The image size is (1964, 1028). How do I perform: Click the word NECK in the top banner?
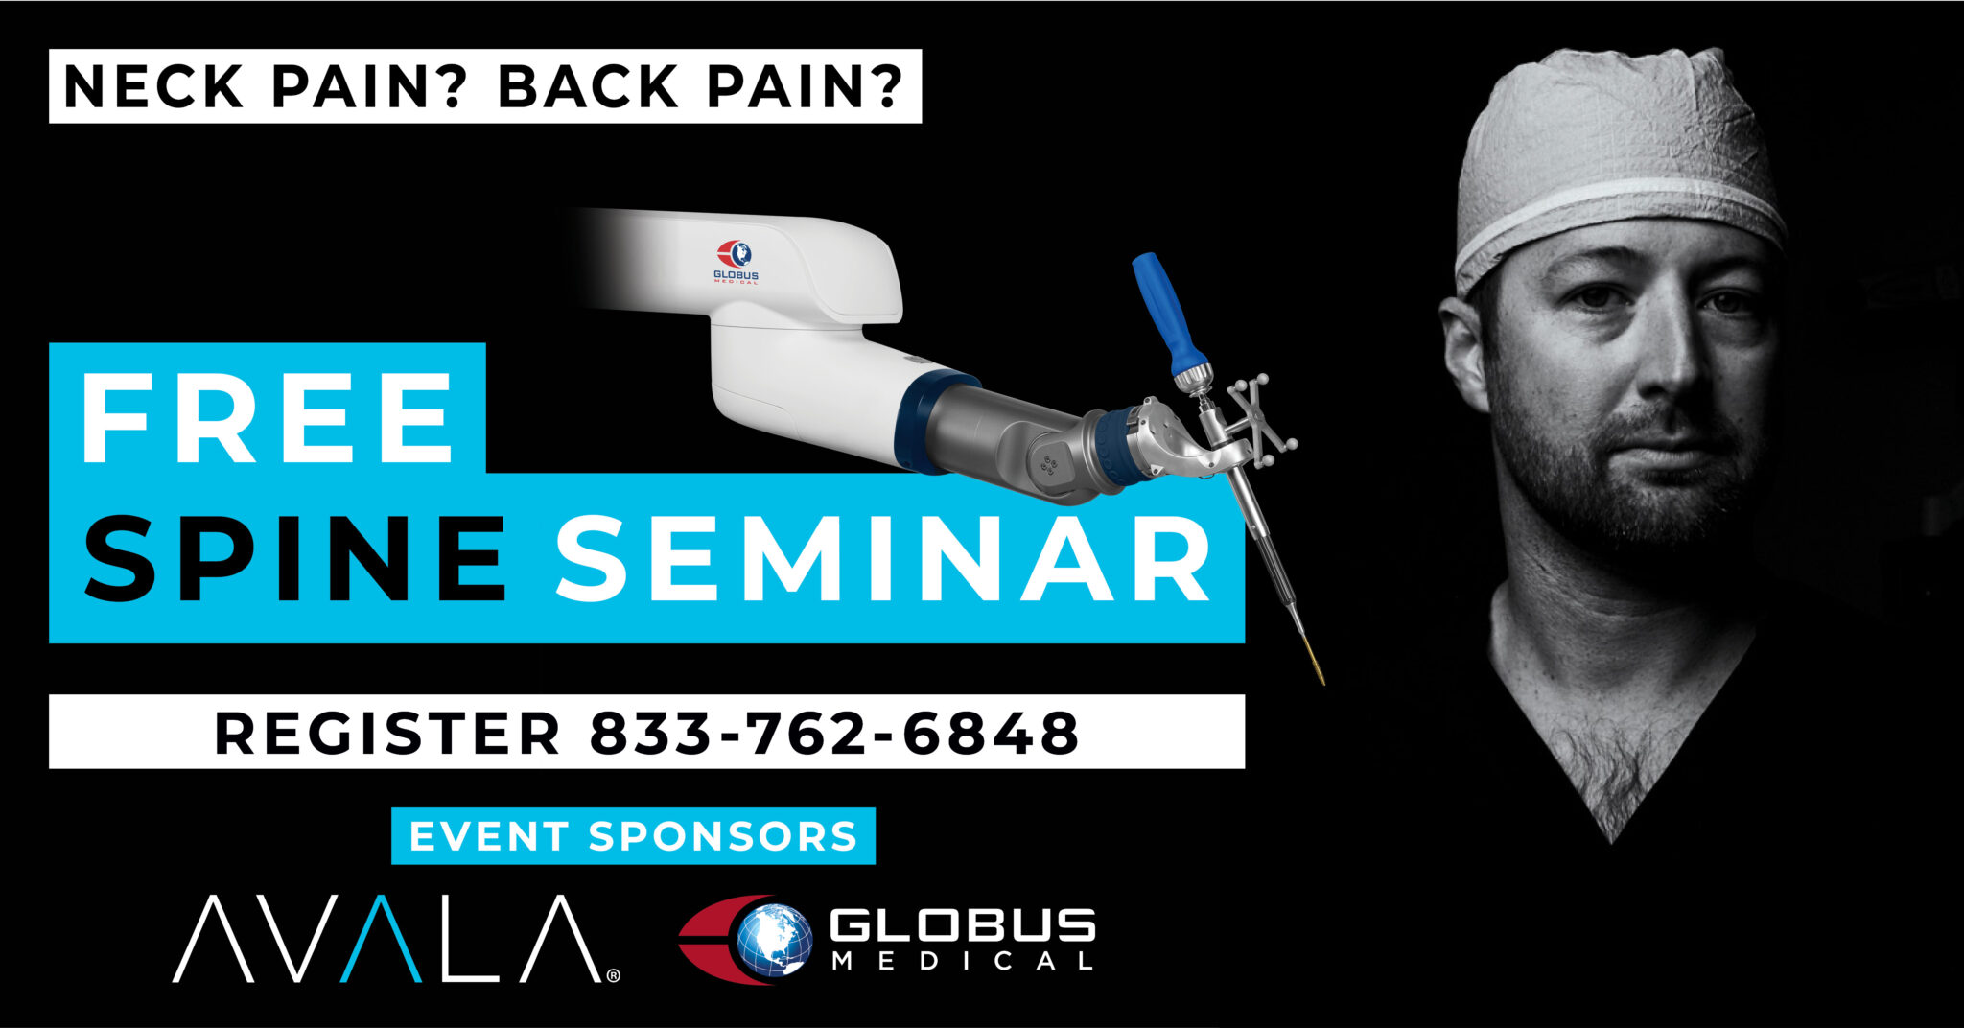153,86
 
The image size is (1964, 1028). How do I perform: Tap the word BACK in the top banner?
588,86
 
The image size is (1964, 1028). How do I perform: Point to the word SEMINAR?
882,558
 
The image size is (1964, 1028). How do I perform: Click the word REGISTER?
386,734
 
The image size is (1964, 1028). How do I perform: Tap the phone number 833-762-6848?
834,734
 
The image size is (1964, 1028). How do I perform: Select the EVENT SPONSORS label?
633,836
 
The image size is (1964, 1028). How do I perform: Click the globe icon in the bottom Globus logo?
773,940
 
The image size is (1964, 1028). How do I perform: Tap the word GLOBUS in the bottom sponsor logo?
962,924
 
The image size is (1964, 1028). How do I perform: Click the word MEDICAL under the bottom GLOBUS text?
962,961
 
